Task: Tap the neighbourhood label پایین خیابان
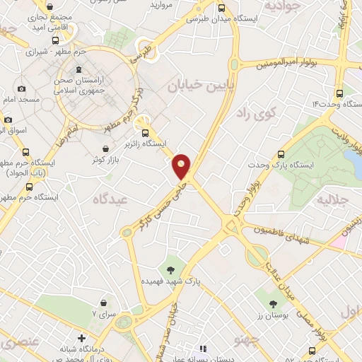(x=196, y=87)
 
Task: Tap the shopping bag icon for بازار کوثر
(x=106, y=149)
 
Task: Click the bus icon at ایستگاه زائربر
(x=145, y=132)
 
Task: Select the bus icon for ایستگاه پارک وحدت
(x=281, y=153)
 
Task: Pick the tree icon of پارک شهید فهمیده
(x=170, y=269)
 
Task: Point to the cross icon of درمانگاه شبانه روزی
(x=82, y=338)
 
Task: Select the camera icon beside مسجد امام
(x=21, y=89)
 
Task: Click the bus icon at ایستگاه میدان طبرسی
(x=222, y=8)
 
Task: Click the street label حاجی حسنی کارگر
(x=158, y=205)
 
